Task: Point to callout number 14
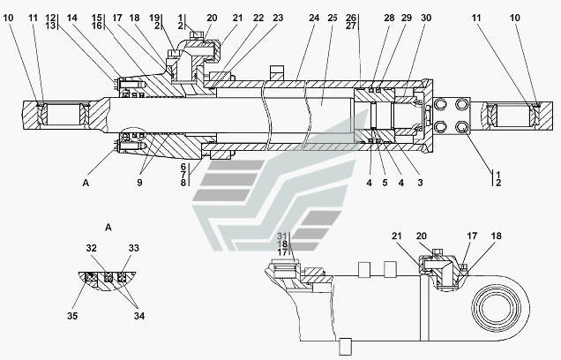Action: [71, 18]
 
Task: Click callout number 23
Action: [278, 18]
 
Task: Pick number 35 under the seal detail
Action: [73, 313]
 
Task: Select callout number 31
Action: [281, 236]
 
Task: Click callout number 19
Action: [153, 18]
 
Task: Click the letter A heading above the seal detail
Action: [108, 227]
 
